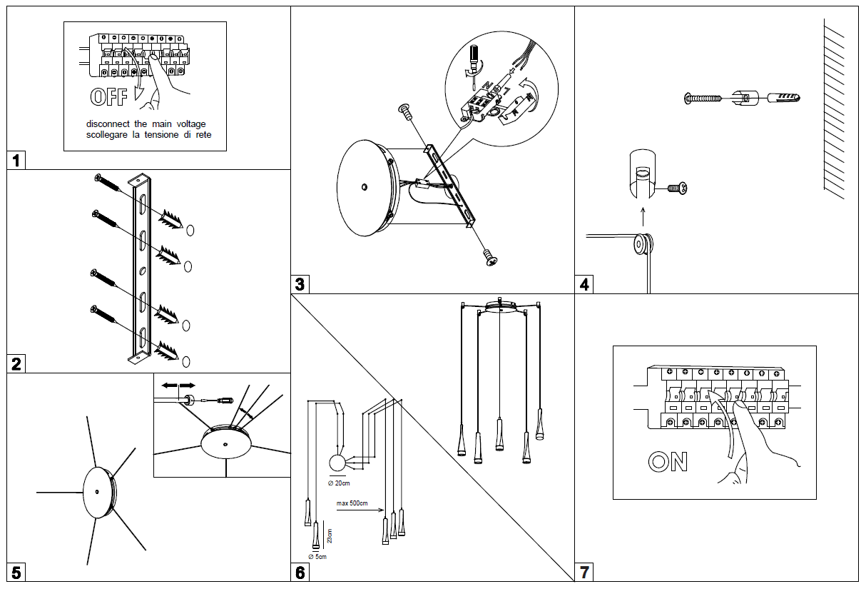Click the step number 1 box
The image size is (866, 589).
coord(16,160)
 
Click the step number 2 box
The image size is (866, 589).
coord(16,364)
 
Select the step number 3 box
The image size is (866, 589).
coord(300,284)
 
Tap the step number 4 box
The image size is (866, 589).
coord(585,284)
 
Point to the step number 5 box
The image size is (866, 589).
coord(16,572)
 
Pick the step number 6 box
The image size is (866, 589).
coord(300,572)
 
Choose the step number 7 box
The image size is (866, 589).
coord(585,572)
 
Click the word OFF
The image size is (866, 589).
coord(109,98)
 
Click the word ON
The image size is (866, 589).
coord(668,462)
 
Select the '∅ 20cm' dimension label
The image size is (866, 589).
coord(339,483)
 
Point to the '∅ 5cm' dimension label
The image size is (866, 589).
coord(317,556)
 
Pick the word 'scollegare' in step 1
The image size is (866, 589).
coord(108,134)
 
